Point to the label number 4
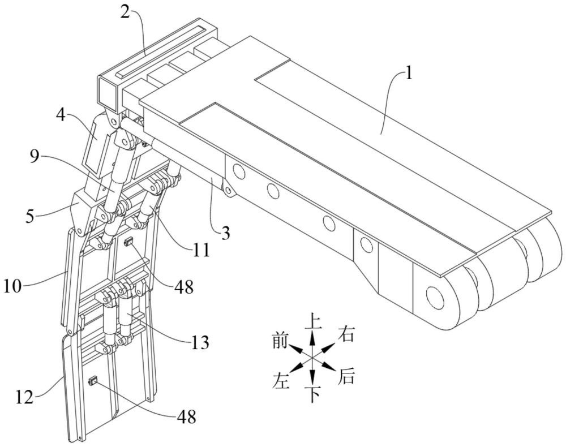pyautogui.click(x=61, y=115)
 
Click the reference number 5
pyautogui.click(x=31, y=217)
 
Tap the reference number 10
pyautogui.click(x=12, y=288)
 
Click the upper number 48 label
pyautogui.click(x=184, y=287)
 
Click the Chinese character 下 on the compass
pyautogui.click(x=313, y=394)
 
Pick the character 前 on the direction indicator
pyautogui.click(x=280, y=341)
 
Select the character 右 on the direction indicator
pyautogui.click(x=346, y=334)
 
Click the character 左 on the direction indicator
pyautogui.click(x=281, y=381)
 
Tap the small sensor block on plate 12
pyautogui.click(x=94, y=381)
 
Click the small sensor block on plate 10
pyautogui.click(x=128, y=242)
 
